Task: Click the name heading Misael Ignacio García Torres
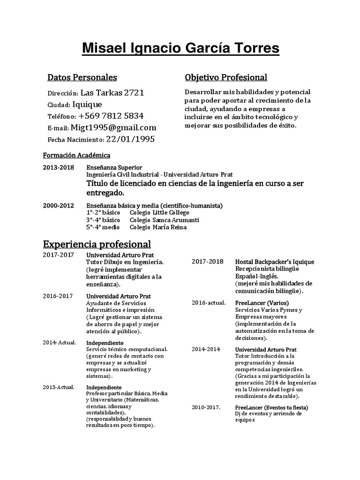click(x=180, y=48)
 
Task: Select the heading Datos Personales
click(x=82, y=77)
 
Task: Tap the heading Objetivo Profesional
click(x=226, y=77)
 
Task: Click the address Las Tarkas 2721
click(x=112, y=92)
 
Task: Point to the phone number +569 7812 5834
click(x=111, y=116)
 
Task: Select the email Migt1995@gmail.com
click(x=113, y=127)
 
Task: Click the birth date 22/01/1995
click(x=130, y=139)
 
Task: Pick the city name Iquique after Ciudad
click(x=91, y=104)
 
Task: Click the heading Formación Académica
click(x=76, y=155)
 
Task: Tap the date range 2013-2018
click(x=58, y=167)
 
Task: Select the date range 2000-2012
click(x=58, y=205)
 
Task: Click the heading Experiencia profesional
click(x=97, y=244)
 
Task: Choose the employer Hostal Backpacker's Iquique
click(x=274, y=262)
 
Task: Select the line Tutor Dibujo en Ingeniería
click(x=125, y=262)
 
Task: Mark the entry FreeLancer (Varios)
click(x=262, y=303)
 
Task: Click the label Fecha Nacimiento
click(x=75, y=140)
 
